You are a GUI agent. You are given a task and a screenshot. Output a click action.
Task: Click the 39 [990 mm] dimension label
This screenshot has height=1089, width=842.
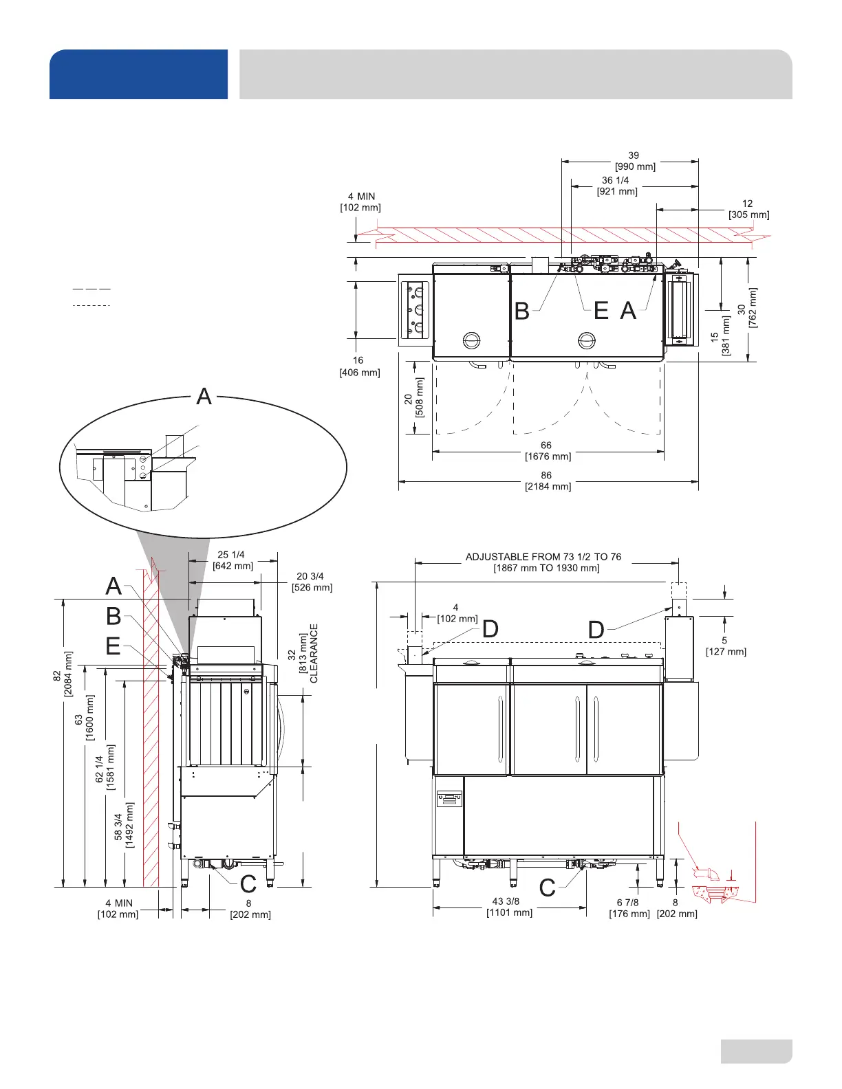point(635,161)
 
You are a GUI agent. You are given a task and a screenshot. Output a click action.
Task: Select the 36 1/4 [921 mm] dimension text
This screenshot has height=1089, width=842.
point(617,186)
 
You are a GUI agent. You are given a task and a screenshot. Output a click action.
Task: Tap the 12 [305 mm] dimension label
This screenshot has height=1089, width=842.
point(748,209)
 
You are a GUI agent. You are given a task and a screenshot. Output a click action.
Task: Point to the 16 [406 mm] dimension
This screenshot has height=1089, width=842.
point(359,366)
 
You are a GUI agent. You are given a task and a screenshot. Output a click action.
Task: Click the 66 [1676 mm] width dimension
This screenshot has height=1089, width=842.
point(548,451)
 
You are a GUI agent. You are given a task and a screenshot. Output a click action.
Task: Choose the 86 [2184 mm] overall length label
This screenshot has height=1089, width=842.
point(548,481)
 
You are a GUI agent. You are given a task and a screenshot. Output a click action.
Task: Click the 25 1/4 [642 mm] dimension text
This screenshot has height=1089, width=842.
point(233,560)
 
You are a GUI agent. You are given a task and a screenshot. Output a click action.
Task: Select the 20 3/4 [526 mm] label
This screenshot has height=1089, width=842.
point(312,582)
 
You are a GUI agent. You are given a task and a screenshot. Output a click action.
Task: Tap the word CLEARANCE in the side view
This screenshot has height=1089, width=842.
point(314,654)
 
